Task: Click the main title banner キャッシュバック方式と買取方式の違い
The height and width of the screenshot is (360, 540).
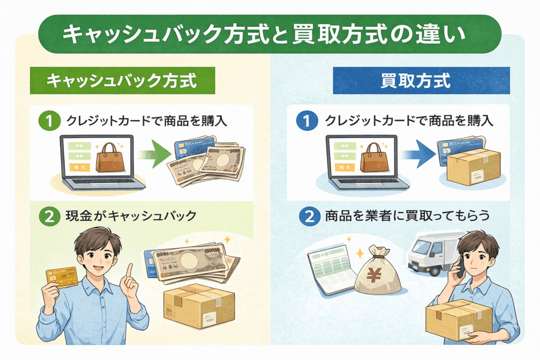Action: click(270, 34)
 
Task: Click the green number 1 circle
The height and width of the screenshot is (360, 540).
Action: click(49, 121)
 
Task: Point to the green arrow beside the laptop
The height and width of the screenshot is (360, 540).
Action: click(153, 155)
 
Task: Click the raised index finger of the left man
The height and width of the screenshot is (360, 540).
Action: click(129, 270)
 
